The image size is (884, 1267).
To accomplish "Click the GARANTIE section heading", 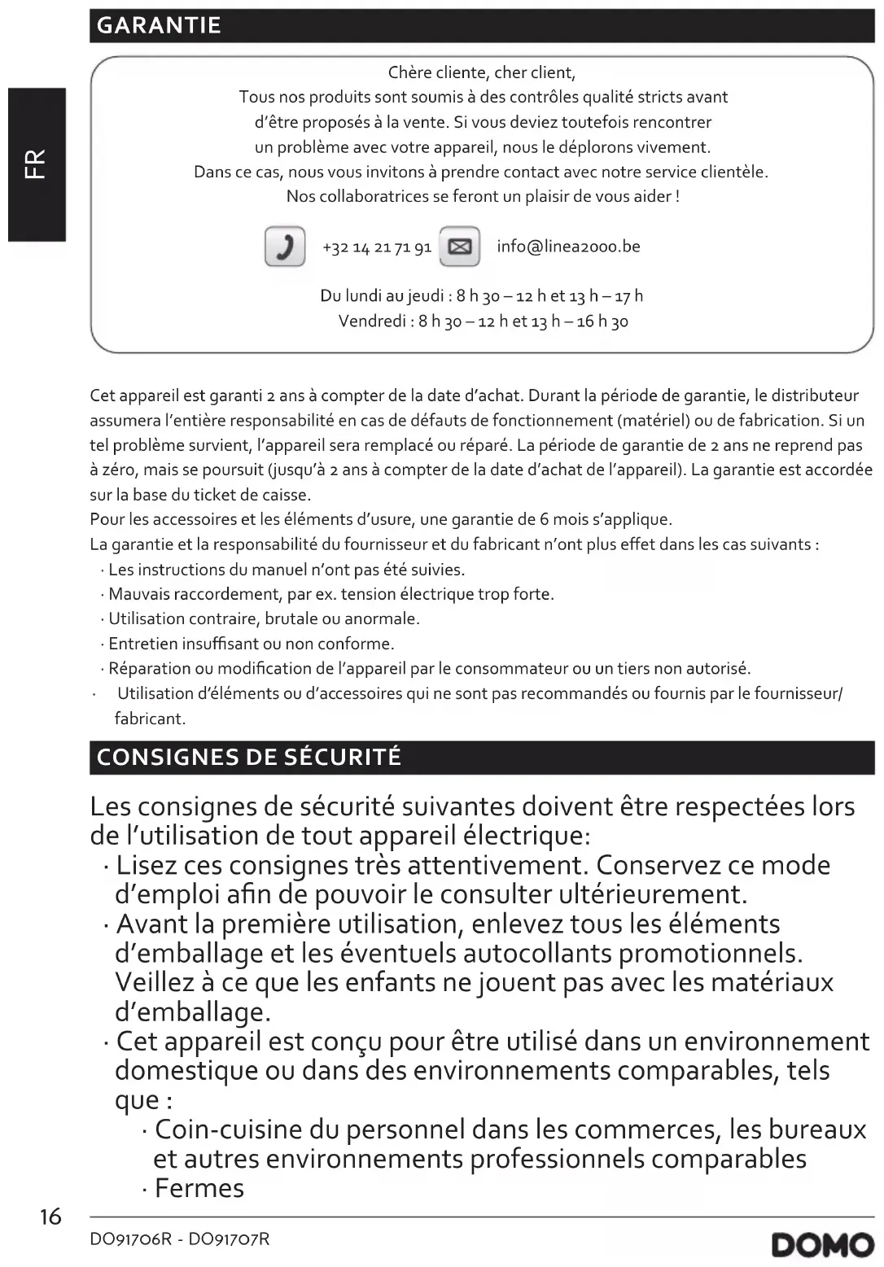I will (159, 25).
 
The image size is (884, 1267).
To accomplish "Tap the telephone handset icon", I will (285, 247).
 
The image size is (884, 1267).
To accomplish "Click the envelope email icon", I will (460, 247).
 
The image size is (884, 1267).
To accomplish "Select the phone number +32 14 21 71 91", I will (377, 247).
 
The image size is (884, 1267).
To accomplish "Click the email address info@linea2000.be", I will (568, 247).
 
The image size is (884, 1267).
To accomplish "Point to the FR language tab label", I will (37, 164).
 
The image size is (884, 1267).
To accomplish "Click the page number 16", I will (50, 1217).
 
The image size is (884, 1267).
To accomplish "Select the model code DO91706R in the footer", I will (130, 1239).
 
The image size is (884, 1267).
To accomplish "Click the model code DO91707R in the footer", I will (229, 1239).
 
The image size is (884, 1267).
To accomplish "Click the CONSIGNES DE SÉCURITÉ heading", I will (249, 758).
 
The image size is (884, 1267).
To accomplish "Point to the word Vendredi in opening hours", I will (372, 321).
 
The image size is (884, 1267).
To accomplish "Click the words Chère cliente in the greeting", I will (436, 72).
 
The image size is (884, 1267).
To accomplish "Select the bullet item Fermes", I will (199, 1188).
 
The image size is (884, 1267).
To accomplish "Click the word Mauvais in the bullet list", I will (141, 594).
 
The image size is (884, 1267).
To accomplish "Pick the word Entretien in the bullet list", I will (143, 644).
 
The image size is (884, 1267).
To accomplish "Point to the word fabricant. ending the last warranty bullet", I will (150, 719).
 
